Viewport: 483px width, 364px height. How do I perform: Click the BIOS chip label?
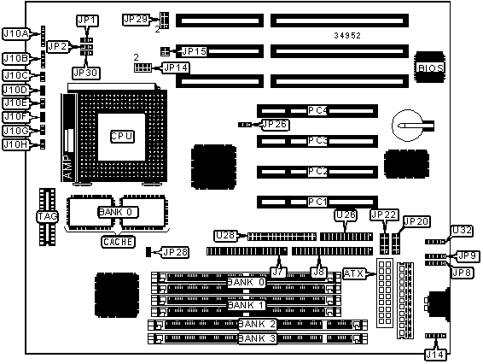click(x=430, y=68)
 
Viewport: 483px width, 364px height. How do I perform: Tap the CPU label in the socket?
click(x=122, y=137)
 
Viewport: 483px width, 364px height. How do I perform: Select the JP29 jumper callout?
click(x=136, y=20)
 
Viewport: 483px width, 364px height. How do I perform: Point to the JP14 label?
click(x=176, y=68)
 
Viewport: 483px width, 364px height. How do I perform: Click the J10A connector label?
click(x=16, y=33)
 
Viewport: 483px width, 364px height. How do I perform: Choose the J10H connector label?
click(x=16, y=144)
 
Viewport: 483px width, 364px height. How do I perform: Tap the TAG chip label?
click(x=47, y=216)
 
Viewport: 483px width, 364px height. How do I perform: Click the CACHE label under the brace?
click(x=119, y=242)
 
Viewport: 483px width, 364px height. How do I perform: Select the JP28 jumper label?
click(x=175, y=252)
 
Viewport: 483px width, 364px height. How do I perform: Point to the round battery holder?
click(x=408, y=126)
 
